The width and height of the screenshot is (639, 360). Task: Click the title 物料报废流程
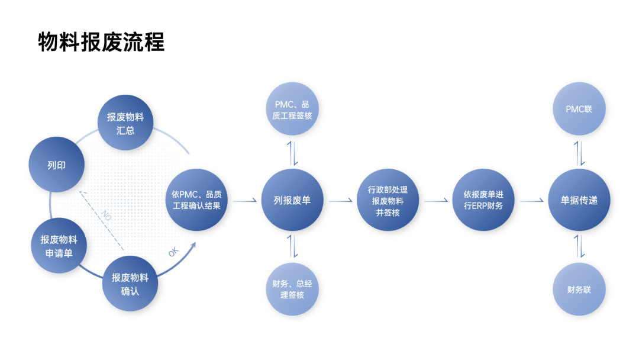tap(101, 43)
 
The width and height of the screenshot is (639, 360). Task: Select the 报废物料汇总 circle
tap(125, 123)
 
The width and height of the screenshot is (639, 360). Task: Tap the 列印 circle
tap(56, 165)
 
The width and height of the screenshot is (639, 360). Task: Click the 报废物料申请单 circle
tap(59, 246)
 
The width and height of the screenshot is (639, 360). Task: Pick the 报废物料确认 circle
tap(130, 283)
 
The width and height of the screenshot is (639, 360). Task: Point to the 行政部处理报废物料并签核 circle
tap(388, 201)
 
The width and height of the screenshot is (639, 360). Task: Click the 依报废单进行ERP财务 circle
tap(483, 201)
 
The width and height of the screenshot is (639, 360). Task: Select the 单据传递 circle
tap(579, 201)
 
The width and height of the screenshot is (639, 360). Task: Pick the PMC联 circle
tap(579, 110)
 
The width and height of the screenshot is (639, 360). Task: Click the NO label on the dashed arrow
tap(107, 214)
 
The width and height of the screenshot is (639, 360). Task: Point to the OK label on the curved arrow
tap(173, 252)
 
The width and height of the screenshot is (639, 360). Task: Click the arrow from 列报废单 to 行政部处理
tap(340, 201)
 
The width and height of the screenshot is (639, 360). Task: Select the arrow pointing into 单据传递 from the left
tap(532, 201)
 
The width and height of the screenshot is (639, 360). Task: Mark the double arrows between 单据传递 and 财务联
tap(580, 246)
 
